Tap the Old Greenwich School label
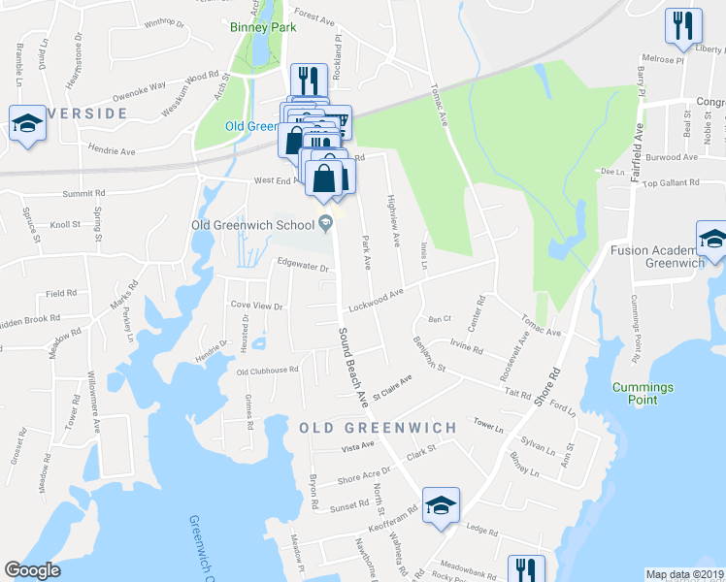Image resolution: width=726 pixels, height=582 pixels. pos(251,226)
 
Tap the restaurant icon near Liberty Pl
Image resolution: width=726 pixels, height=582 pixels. pos(683,25)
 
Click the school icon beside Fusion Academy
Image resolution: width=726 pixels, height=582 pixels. pos(711,240)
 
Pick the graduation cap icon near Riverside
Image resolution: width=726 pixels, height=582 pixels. pos(27,123)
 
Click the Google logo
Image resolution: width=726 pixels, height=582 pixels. pos(33,570)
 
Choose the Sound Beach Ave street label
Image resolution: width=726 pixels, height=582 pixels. pos(353,366)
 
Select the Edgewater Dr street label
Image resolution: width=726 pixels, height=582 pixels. pos(305,263)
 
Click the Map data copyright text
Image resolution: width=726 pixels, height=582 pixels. pos(685,574)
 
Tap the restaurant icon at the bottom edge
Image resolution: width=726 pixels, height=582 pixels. pos(525,568)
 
